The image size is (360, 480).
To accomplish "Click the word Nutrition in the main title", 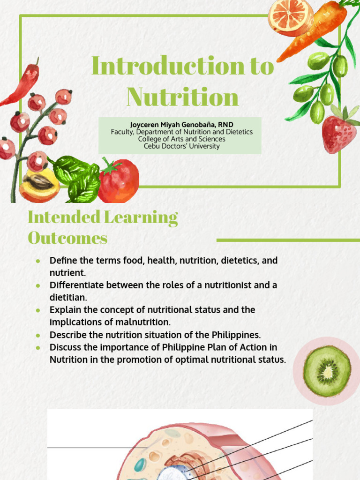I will click(182, 97).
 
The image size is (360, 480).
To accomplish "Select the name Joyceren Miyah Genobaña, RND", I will click(181, 125).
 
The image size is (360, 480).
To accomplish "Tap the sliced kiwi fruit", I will click(327, 371).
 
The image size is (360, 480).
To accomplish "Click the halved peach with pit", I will click(39, 186).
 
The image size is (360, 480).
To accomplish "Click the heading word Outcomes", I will click(67, 238).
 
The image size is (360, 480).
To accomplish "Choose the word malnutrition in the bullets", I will click(147, 322).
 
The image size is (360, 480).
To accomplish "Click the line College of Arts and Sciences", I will click(181, 139).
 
